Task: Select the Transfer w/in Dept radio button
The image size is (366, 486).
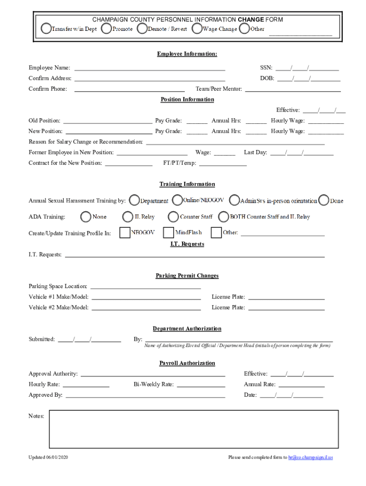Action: click(x=47, y=28)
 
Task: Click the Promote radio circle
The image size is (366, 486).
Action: click(x=106, y=28)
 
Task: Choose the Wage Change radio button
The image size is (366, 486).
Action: click(x=197, y=28)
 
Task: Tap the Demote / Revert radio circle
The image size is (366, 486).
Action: click(x=142, y=28)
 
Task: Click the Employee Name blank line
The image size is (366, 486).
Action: click(x=150, y=69)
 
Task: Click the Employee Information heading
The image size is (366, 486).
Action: click(x=187, y=54)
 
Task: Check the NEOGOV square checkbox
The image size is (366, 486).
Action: click(x=125, y=233)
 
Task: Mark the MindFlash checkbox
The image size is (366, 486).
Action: click(x=168, y=233)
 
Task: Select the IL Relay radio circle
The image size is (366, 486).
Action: click(x=127, y=217)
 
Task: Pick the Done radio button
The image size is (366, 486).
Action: click(x=324, y=200)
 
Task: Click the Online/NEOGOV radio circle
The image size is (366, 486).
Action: click(x=177, y=200)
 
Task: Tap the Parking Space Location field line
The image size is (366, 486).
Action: click(x=145, y=287)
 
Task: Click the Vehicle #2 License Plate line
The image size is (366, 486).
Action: click(x=286, y=308)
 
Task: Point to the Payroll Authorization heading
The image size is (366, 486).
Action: click(x=187, y=363)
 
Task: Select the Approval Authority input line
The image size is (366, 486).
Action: click(x=153, y=375)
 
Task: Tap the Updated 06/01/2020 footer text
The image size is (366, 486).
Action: click(x=48, y=458)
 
